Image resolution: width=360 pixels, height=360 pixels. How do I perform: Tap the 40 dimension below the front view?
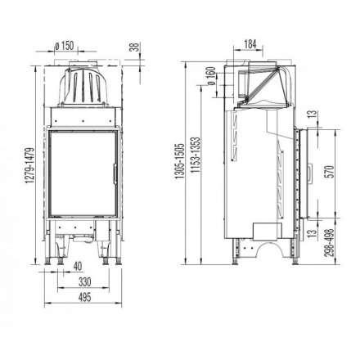[x=75, y=266]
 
